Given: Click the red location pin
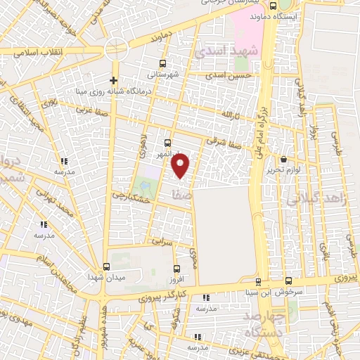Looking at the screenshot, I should point(181,165).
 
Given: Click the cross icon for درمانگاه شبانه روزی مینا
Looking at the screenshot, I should point(113,80).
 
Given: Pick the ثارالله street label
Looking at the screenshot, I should point(231,112).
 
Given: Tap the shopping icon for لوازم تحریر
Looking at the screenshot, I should point(283,160).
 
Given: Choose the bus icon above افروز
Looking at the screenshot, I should point(175,268).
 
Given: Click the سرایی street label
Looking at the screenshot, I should point(162,241).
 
